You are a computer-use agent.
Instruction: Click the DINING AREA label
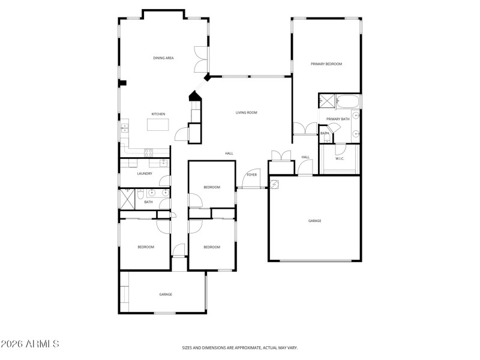[163, 58]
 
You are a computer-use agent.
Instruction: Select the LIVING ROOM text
[246, 112]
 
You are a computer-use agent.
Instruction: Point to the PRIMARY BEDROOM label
[326, 64]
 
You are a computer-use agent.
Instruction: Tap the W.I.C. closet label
[340, 159]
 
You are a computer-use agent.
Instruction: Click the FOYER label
[252, 175]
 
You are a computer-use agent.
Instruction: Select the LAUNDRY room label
[145, 173]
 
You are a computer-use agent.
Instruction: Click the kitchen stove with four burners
[148, 153]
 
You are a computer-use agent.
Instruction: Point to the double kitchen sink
[125, 128]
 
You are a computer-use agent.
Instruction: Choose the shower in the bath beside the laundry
[126, 197]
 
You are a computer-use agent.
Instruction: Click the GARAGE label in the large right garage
[314, 221]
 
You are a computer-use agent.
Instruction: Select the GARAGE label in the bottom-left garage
[166, 294]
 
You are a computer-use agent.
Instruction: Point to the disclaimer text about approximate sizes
[240, 347]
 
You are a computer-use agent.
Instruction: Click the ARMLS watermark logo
[30, 344]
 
